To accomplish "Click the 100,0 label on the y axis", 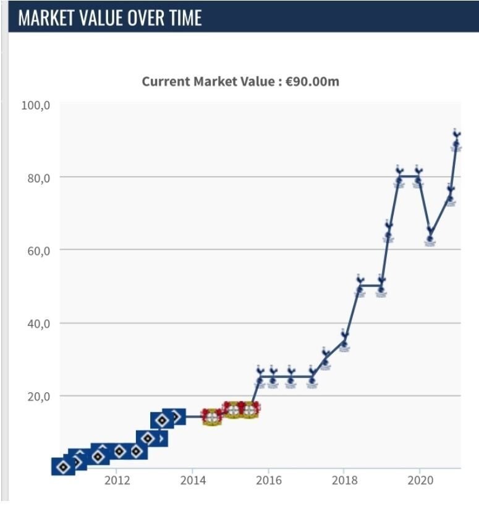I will click(x=36, y=105).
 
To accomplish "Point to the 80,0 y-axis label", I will click(x=39, y=178).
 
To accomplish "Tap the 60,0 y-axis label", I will click(x=39, y=250).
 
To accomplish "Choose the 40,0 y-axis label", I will click(x=39, y=323).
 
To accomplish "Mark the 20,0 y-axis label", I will click(x=39, y=396).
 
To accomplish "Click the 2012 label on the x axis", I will click(x=117, y=481).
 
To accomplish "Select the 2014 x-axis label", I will click(x=192, y=481).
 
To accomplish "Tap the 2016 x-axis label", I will click(x=268, y=481).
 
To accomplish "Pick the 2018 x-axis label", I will click(x=344, y=481).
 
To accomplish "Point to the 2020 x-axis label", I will click(x=420, y=481).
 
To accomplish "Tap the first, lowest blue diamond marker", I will click(x=63, y=467).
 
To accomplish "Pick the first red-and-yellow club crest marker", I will click(x=211, y=416).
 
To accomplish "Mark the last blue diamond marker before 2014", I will click(x=175, y=417).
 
